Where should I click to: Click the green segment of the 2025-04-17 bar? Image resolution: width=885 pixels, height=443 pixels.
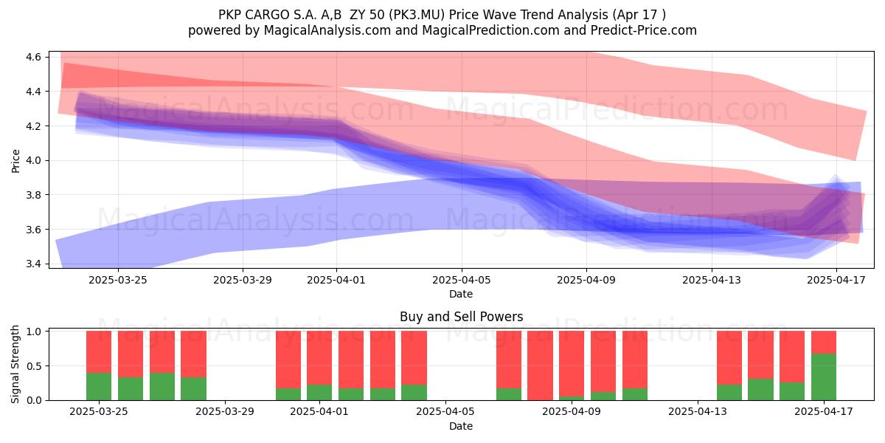coord(824,377)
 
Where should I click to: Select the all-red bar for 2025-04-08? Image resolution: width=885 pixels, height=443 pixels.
coord(540,365)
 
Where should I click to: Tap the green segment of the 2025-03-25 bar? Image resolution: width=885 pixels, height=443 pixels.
coord(99,386)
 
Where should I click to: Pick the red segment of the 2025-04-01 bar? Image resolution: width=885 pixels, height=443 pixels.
coord(319,357)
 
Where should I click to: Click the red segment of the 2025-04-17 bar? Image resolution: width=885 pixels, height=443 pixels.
coord(824,342)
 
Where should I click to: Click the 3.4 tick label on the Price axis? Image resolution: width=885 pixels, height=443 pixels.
coord(33,264)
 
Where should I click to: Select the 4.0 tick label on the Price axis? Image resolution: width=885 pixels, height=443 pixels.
coord(33,161)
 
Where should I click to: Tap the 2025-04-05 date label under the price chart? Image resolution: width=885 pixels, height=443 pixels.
coord(461,280)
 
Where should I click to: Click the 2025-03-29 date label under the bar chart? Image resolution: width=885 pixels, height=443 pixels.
coord(225,412)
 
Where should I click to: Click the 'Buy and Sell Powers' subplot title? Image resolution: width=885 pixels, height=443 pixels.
coord(461,317)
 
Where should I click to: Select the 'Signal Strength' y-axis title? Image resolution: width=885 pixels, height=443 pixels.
coord(15,364)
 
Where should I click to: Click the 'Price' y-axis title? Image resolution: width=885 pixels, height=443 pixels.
coord(15,161)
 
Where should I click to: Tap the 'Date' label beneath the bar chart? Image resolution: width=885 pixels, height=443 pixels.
coord(461,426)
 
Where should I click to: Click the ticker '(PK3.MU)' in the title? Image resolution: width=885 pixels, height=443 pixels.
coord(417,15)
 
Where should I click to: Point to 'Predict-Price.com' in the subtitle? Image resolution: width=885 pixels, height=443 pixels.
coord(644,30)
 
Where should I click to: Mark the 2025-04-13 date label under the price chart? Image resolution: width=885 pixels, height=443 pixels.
coord(712,280)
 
